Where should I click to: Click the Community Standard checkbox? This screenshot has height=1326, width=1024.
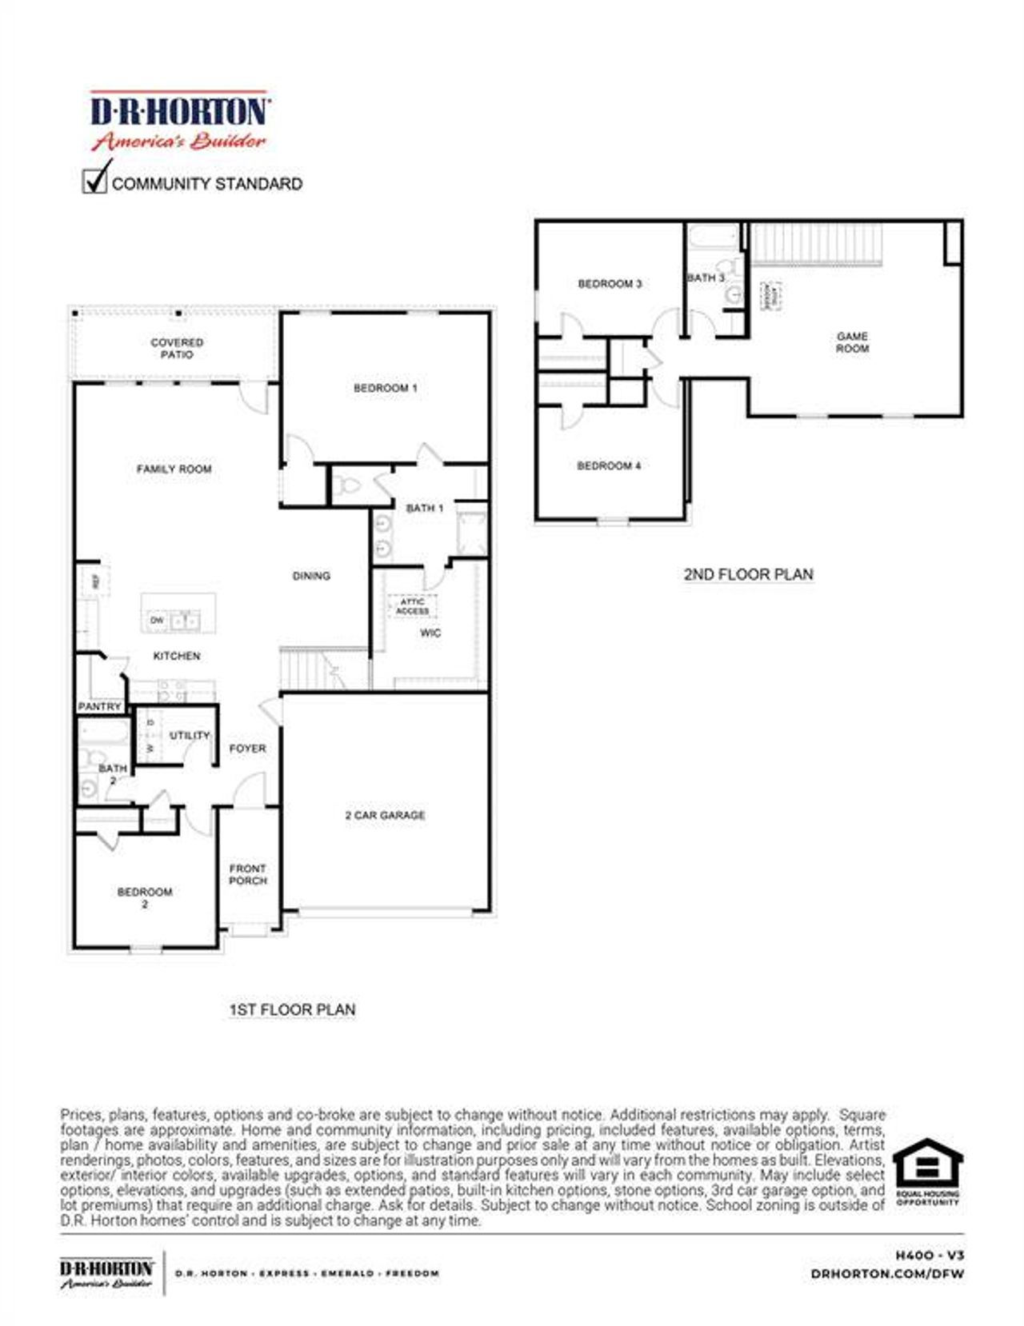(94, 181)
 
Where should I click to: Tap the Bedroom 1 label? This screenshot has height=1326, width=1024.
(385, 388)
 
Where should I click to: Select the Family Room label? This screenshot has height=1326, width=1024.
(174, 469)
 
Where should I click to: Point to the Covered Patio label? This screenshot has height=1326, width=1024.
(177, 348)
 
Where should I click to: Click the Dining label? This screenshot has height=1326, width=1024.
(311, 576)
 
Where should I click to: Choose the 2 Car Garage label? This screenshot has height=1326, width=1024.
(385, 815)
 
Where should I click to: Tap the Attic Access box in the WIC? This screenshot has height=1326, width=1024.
(413, 606)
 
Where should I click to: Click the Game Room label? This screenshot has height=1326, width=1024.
(852, 342)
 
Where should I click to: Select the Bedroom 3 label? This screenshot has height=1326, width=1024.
(610, 284)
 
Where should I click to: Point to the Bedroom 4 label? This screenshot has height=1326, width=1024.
(609, 465)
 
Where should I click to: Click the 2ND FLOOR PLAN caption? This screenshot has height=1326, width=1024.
(748, 574)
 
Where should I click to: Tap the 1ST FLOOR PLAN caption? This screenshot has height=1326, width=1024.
(292, 1010)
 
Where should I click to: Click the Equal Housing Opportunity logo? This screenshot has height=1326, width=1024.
(927, 1171)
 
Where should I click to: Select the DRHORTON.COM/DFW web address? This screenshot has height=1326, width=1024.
(887, 1273)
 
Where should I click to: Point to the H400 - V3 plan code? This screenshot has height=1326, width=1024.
(930, 1256)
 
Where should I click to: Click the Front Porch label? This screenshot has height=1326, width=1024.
(247, 874)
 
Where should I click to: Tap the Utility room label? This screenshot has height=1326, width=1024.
(190, 735)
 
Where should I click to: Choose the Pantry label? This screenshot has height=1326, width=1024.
(99, 707)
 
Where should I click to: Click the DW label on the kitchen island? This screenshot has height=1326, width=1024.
(157, 620)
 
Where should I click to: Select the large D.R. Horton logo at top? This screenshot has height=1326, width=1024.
(179, 120)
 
